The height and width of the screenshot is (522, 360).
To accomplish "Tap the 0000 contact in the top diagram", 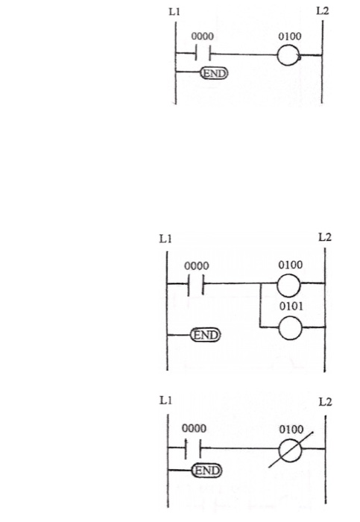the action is (201, 54).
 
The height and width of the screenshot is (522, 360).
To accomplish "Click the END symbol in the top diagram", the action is (214, 72).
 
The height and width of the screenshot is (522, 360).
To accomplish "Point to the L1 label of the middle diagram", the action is (165, 239).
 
